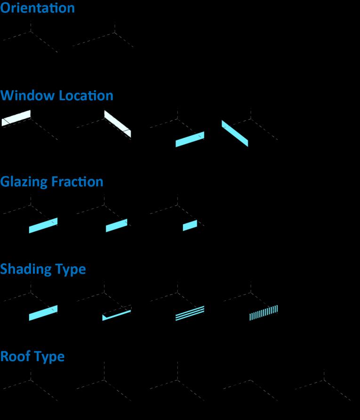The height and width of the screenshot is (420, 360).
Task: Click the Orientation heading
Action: [37, 8]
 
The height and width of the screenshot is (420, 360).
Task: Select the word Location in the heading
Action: [86, 95]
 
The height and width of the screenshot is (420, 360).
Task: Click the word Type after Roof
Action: [50, 357]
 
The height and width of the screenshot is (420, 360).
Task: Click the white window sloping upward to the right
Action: [16, 118]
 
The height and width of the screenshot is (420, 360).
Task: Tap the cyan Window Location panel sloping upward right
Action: [190, 139]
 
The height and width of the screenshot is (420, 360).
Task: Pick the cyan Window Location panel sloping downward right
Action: [234, 134]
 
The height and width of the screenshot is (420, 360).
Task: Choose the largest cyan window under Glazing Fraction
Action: [43, 225]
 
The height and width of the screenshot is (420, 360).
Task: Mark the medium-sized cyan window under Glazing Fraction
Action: [116, 225]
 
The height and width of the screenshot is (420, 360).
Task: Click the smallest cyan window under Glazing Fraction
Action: [190, 225]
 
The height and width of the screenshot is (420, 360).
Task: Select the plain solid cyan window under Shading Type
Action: [43, 313]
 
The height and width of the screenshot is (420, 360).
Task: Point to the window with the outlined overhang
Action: [116, 314]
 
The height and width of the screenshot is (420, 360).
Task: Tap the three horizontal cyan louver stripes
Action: [190, 313]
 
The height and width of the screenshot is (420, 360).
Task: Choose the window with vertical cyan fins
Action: [264, 313]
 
